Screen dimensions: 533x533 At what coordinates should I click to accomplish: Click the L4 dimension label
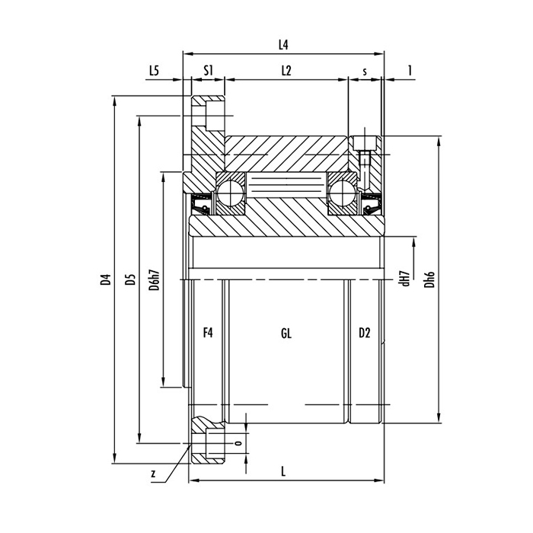click(283, 45)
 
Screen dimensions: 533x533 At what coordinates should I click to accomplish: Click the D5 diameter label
click(131, 279)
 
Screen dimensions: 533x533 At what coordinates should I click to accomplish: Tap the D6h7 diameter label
click(155, 279)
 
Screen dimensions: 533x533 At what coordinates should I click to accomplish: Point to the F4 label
click(207, 333)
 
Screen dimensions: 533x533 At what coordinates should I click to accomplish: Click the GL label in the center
click(286, 333)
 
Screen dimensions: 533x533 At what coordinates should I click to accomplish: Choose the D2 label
click(364, 333)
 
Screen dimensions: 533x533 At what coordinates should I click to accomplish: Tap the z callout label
click(153, 474)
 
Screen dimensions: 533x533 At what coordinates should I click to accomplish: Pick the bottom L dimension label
click(283, 471)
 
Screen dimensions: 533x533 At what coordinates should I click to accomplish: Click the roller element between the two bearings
click(286, 185)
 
